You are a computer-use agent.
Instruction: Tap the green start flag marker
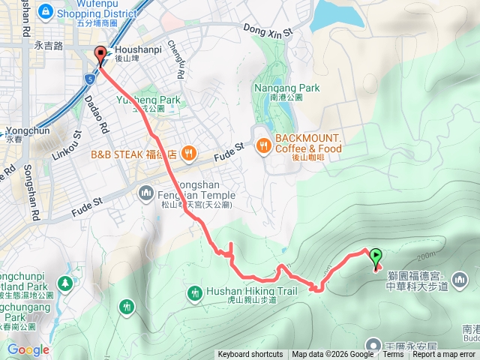[376, 257]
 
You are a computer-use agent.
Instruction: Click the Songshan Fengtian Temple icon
[146, 194]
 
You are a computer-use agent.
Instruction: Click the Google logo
[28, 349]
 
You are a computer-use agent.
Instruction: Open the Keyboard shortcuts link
[250, 355]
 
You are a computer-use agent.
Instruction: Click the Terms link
[393, 355]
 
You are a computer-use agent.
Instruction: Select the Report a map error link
[445, 355]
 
